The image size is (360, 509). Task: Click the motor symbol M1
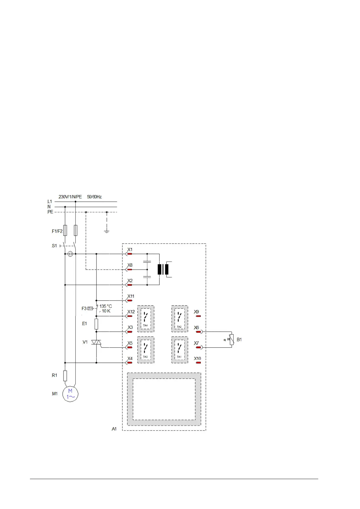point(70,394)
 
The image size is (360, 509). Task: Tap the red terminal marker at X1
point(130,254)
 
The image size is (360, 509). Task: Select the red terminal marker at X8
point(130,269)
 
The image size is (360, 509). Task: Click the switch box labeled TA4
point(146,319)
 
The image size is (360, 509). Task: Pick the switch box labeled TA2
point(179,319)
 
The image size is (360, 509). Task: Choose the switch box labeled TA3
point(146,350)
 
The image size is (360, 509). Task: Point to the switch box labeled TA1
point(179,350)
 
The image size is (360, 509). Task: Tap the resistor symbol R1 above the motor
point(65,376)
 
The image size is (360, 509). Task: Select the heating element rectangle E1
point(96,324)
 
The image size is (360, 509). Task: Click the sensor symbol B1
point(232,339)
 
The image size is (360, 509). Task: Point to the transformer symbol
point(163,269)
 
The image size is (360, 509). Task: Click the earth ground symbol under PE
point(106,232)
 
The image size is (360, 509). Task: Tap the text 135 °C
point(106,306)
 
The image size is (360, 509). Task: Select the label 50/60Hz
point(94,197)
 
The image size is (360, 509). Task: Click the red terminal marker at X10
point(198,362)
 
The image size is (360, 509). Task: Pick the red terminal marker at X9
point(198,316)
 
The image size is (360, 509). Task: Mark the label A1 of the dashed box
point(114,429)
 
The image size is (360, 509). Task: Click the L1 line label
point(50,202)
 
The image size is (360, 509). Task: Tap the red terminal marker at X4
point(130,362)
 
